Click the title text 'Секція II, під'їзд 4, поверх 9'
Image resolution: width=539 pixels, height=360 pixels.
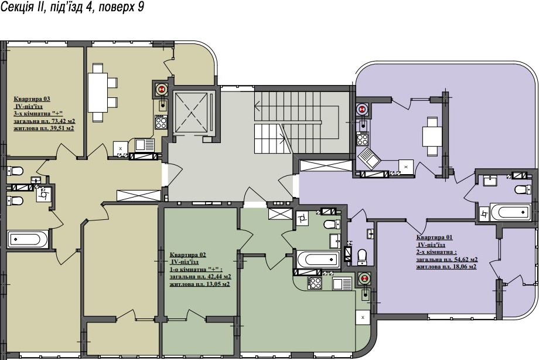(72, 7)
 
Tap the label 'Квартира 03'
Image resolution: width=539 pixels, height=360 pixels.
(32, 99)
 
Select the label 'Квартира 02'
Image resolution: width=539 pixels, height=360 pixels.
(187, 254)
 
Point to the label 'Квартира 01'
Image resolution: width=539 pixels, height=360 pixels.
(435, 237)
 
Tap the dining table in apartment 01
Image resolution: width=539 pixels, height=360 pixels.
(432, 137)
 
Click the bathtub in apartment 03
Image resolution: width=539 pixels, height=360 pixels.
(28, 239)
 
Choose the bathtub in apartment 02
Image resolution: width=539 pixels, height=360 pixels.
(318, 259)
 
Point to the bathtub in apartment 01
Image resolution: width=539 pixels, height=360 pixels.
(510, 211)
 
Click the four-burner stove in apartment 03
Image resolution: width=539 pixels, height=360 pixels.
(161, 122)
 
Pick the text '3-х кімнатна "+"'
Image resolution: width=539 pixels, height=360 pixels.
(39, 114)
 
